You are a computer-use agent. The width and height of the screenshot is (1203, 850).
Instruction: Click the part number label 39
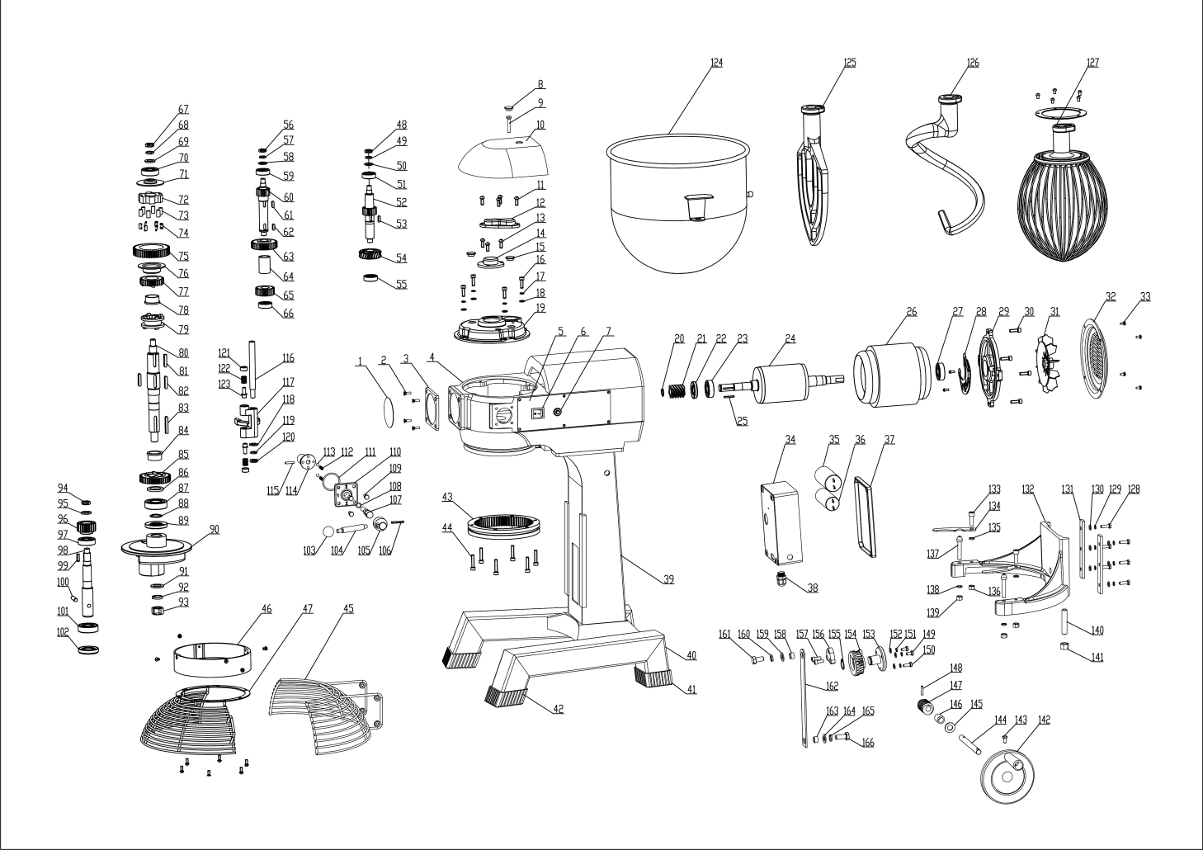coord(668,580)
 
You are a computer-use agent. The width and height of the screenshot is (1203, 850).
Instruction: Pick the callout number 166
coord(868,743)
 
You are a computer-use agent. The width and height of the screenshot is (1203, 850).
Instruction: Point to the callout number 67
coord(183,109)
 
